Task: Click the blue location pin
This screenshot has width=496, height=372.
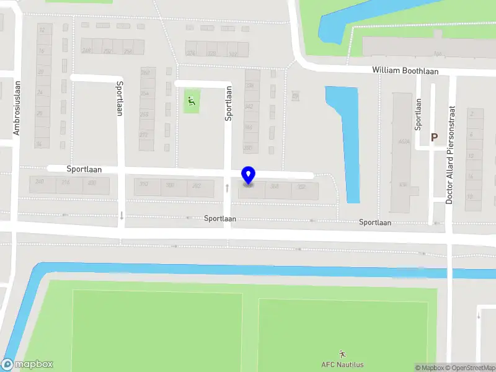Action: pos(249,175)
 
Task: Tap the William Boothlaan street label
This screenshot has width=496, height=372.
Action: pos(405,71)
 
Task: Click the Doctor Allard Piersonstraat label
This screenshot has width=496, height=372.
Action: pos(451,154)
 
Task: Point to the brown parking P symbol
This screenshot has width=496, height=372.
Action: pos(435,138)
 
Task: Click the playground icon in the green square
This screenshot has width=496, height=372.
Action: pos(192,100)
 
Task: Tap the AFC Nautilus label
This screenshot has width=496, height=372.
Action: pos(342,365)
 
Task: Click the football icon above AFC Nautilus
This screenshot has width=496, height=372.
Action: pos(342,353)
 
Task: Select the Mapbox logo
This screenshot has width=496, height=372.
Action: pos(27,365)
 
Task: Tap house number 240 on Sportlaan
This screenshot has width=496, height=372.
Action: pos(40,182)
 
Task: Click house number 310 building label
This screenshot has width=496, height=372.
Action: pos(144,185)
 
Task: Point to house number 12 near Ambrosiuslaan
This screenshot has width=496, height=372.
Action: pos(42,30)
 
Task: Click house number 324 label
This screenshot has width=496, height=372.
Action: pos(191,53)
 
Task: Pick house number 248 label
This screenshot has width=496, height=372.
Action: pos(86,51)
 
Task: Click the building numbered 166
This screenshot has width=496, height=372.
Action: pos(438,53)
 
